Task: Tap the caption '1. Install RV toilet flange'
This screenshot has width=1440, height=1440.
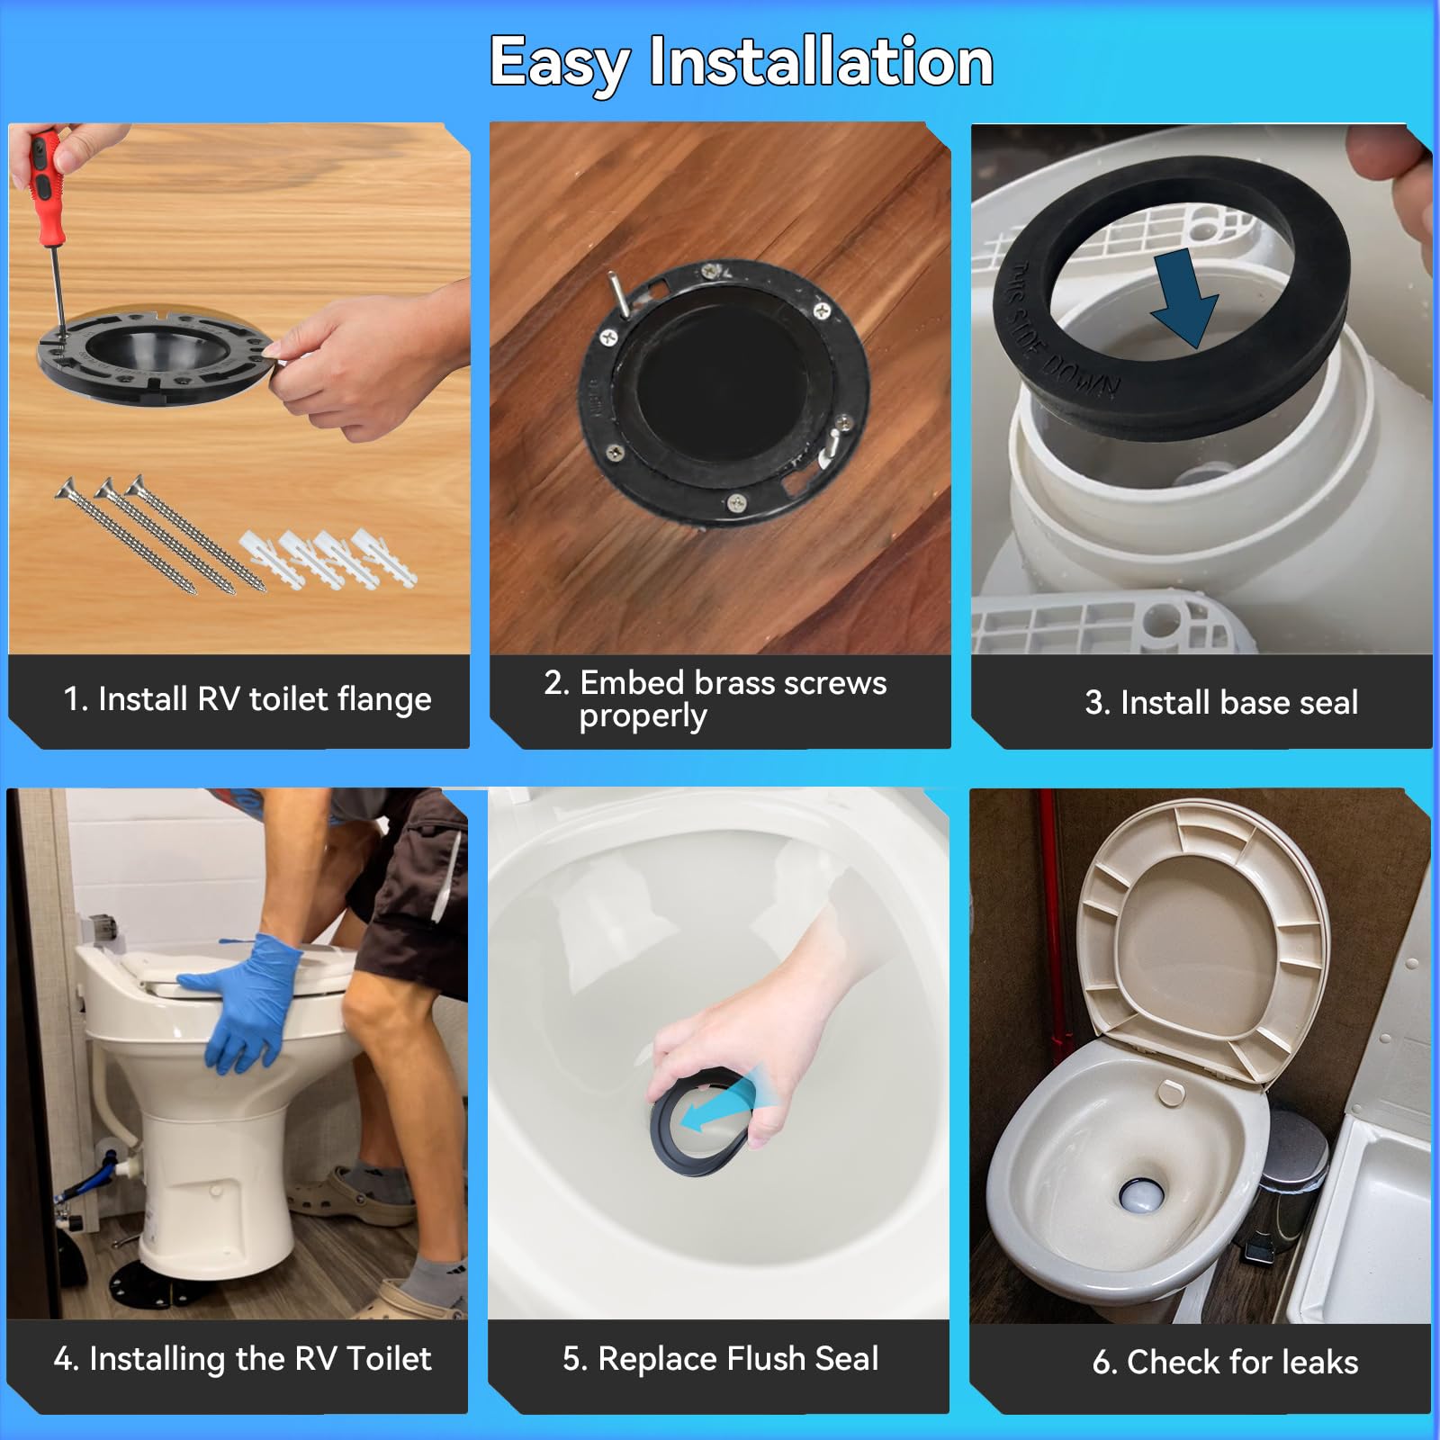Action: [247, 699]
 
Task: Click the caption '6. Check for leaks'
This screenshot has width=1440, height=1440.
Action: [1224, 1362]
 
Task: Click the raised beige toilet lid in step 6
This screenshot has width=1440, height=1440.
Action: [1206, 936]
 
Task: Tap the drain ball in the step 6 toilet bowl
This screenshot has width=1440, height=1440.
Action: [1141, 1195]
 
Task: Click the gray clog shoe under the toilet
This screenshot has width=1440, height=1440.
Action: [346, 1192]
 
